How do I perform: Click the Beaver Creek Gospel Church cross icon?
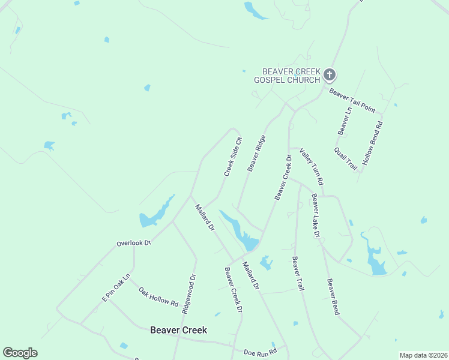329,75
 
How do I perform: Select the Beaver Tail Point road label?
352,100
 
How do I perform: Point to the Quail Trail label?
346,158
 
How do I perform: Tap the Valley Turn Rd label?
312,167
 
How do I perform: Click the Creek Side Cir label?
232,157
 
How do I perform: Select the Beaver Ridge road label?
256,153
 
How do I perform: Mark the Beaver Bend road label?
333,297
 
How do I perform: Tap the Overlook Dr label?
133,244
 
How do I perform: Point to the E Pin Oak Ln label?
116,287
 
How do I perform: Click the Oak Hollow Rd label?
158,296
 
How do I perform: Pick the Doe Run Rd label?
260,352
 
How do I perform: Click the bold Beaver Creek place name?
178,330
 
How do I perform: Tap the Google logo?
20,353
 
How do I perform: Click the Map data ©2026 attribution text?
423,355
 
